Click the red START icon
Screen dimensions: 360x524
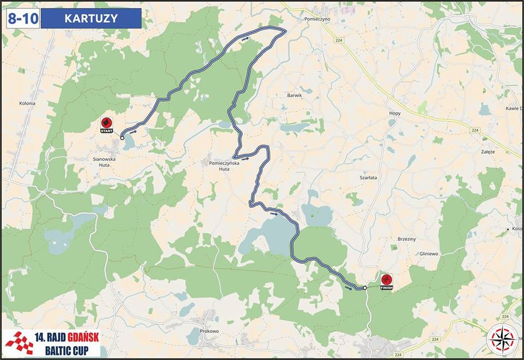[x=106, y=124]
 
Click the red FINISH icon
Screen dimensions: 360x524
[x=387, y=280]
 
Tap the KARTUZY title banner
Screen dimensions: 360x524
[x=92, y=18]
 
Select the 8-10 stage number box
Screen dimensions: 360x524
[x=23, y=18]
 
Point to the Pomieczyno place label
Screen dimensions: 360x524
[x=317, y=18]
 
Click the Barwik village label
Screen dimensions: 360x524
[x=294, y=96]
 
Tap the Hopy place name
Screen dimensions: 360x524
[x=395, y=113]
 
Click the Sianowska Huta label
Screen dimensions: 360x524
[x=104, y=161]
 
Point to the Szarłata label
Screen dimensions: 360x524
[x=368, y=178]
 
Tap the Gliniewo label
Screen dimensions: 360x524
[x=428, y=253]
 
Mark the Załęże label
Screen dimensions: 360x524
[x=488, y=152]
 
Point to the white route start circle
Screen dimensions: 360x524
[x=122, y=137]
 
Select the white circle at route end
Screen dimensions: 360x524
[x=365, y=287]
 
